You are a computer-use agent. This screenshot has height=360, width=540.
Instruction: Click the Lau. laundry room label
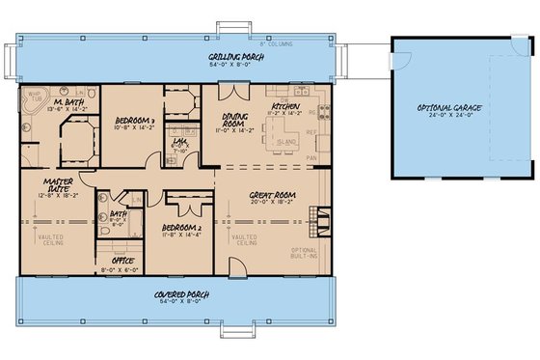pos(180,140)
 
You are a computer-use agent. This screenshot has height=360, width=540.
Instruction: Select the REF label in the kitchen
pos(311,132)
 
